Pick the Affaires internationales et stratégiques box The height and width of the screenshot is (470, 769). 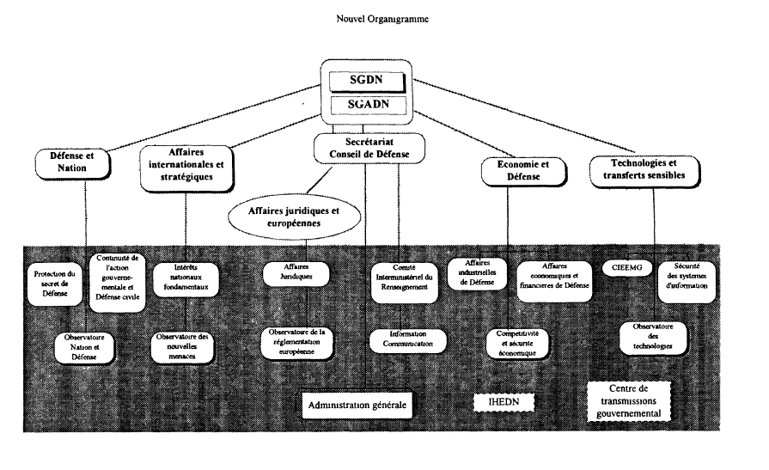185,164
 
